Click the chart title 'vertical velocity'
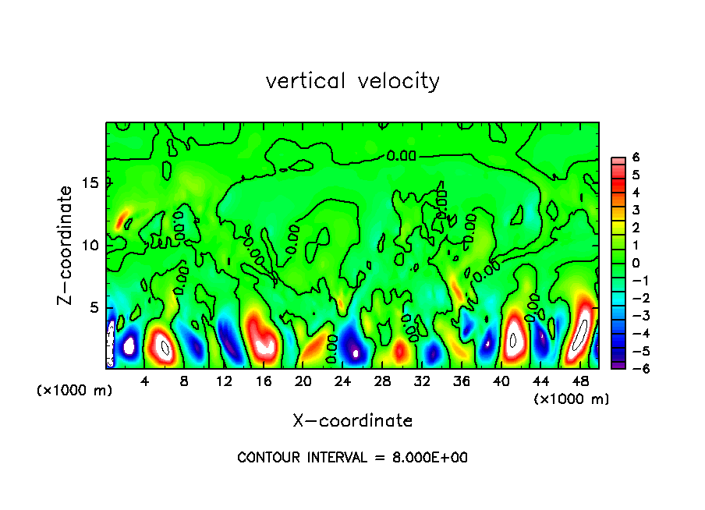click(x=352, y=81)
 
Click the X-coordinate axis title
click(x=352, y=421)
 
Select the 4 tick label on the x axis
click(x=144, y=382)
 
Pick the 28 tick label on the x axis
click(x=382, y=382)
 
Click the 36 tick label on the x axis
click(x=462, y=382)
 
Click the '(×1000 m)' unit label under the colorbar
click(x=571, y=399)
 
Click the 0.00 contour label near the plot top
click(x=402, y=156)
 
